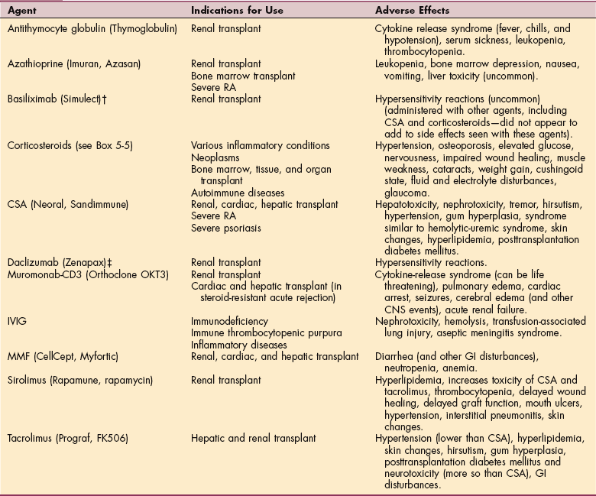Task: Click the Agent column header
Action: [x=23, y=11]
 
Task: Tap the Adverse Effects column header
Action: [x=413, y=11]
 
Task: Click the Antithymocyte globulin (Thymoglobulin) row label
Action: [x=92, y=28]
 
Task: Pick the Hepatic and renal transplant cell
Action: [x=253, y=439]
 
